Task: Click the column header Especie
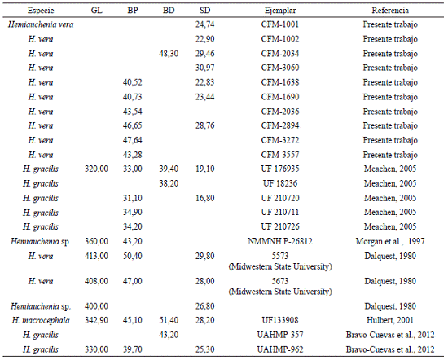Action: pos(41,11)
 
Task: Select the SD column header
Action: pos(204,11)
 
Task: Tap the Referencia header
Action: pos(390,11)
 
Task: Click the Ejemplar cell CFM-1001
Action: pos(280,24)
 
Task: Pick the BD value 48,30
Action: pos(169,54)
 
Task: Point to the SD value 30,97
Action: pos(204,68)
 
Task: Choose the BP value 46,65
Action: pos(133,125)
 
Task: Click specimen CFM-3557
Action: pos(280,155)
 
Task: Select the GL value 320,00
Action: pos(97,169)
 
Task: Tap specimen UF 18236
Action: pos(280,183)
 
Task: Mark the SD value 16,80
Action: pos(204,198)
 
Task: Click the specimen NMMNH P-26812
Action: pos(280,241)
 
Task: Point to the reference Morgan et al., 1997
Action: pos(390,241)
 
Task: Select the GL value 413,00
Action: pos(97,256)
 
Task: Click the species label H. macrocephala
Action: pos(41,320)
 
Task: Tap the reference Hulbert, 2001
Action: pos(390,320)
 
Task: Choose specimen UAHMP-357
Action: pos(280,335)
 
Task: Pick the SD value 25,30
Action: pos(204,349)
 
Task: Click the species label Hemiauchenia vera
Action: pos(41,24)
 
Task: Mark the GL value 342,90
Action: pos(97,320)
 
